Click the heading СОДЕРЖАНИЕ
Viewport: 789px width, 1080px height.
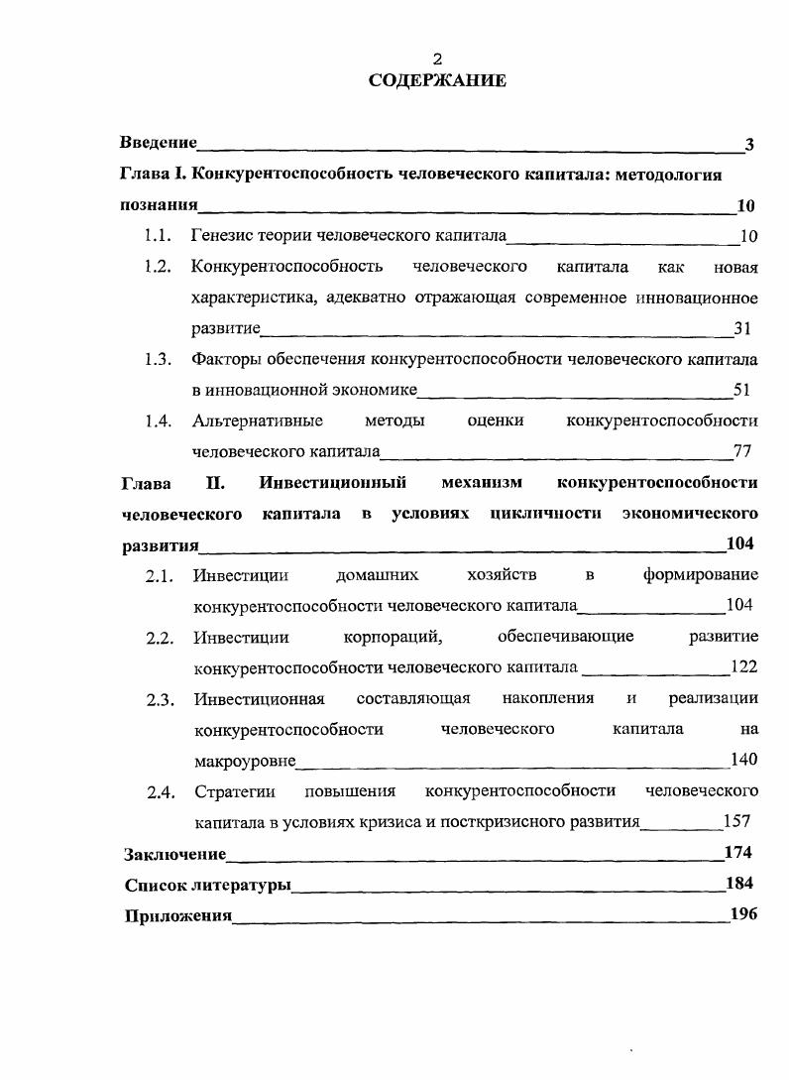point(437,81)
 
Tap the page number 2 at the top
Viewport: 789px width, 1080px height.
point(437,59)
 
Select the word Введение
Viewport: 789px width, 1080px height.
point(159,144)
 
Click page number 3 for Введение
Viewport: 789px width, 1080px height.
point(749,145)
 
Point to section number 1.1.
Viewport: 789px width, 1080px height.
point(159,236)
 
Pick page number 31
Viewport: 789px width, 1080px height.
point(742,328)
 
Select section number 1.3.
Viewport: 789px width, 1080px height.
point(159,359)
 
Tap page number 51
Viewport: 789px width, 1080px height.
point(742,390)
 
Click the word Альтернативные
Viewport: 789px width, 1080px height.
point(258,420)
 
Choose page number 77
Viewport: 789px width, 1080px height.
point(742,452)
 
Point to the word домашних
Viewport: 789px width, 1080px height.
point(377,575)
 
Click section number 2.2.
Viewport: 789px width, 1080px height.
point(160,638)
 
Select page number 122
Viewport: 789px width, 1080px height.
point(743,667)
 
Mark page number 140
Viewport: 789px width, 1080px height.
point(743,761)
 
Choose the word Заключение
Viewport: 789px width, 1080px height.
point(174,854)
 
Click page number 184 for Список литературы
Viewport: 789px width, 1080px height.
point(739,884)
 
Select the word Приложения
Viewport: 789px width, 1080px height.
point(177,915)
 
